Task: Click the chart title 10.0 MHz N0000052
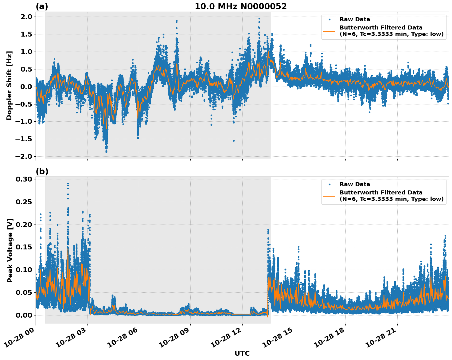[240, 6]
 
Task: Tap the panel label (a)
[42, 6]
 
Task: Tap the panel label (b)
[42, 171]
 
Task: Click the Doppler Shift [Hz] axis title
[9, 85]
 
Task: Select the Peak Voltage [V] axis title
[10, 250]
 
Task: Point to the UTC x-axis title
[242, 353]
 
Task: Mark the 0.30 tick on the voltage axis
[24, 179]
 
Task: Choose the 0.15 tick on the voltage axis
[24, 247]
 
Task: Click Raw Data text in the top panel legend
[355, 19]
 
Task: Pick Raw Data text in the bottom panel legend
[355, 184]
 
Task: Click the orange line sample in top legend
[329, 31]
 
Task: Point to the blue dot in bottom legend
[329, 184]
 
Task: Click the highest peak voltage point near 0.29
[68, 184]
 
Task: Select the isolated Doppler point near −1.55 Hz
[234, 141]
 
